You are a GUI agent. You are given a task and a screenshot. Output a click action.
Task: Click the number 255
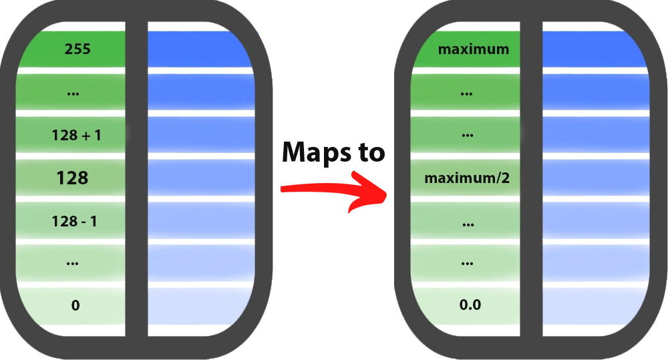(x=77, y=49)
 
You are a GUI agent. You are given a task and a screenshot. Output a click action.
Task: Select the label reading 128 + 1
(x=76, y=136)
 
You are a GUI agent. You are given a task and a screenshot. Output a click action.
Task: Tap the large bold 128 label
(x=73, y=178)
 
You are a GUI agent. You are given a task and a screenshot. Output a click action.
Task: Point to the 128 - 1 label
(x=74, y=221)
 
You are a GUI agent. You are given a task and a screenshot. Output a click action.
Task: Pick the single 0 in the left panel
(x=75, y=306)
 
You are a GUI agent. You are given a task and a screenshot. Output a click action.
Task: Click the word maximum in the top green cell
(x=473, y=49)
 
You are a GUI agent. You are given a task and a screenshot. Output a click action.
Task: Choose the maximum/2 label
(x=467, y=178)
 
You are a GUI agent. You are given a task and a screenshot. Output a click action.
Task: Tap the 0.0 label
(x=470, y=306)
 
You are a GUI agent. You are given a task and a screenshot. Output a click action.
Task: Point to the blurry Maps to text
(x=332, y=153)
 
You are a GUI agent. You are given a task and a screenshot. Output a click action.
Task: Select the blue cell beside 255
(x=199, y=49)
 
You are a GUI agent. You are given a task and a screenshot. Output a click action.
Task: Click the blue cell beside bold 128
(x=199, y=178)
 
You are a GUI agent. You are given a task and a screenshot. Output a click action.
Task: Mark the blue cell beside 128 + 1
(x=199, y=136)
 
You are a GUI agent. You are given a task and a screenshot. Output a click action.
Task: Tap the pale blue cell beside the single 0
(x=199, y=306)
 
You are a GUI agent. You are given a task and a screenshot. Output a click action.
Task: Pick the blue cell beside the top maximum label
(x=593, y=49)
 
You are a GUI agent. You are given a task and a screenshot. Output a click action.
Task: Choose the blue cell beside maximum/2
(x=593, y=178)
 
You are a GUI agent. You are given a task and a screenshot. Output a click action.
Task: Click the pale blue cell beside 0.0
(x=593, y=306)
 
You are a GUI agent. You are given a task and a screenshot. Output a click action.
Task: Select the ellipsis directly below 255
(x=73, y=94)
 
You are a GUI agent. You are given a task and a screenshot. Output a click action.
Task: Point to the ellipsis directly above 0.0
(x=468, y=264)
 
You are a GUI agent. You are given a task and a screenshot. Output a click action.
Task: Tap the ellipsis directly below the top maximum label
(x=468, y=94)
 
